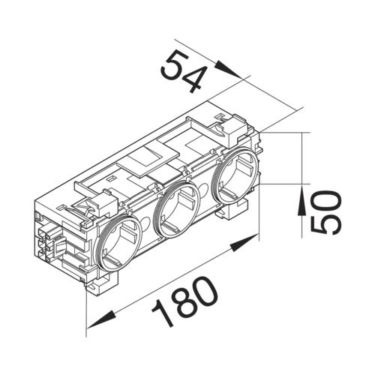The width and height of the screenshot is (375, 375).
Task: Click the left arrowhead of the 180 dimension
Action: (x=94, y=325)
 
